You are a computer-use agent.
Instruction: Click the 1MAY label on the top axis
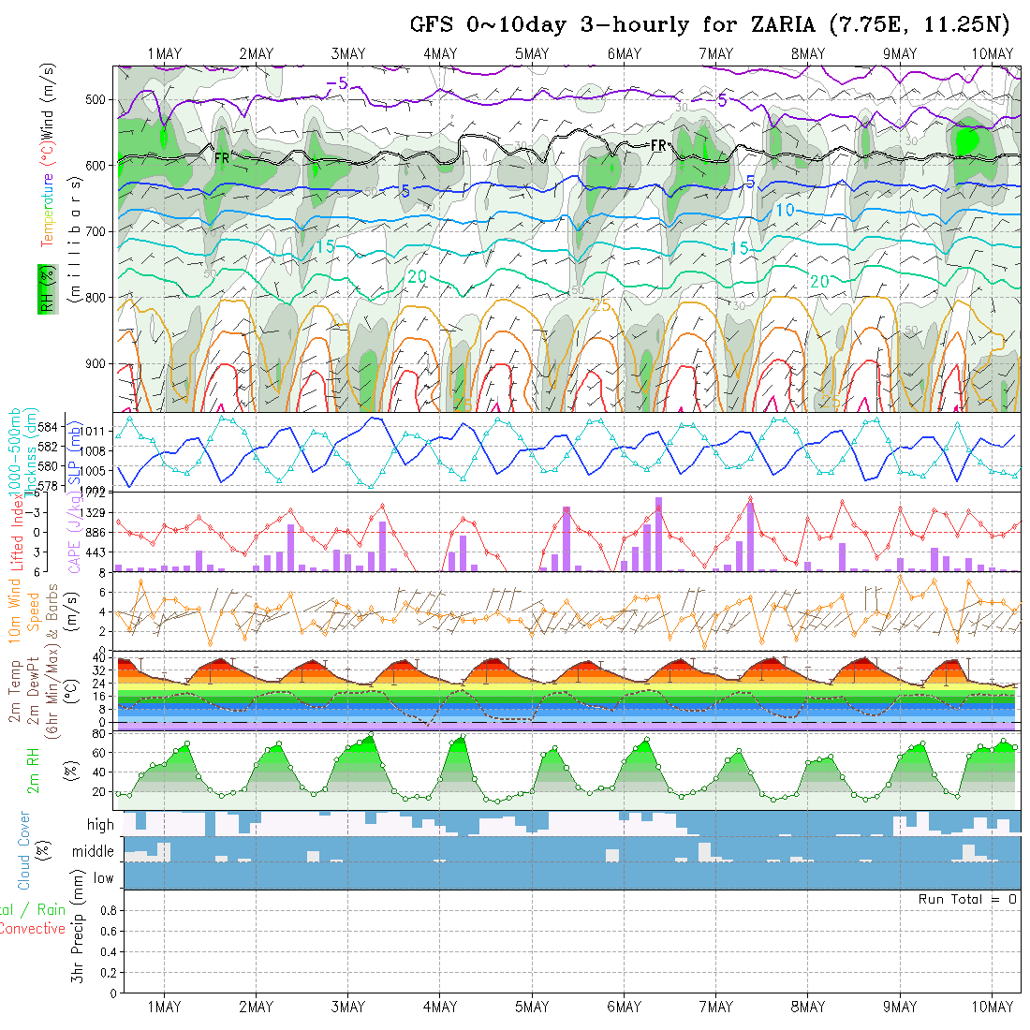coord(165,53)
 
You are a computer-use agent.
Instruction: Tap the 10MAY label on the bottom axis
coord(993,1007)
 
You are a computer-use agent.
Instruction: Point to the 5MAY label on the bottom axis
coord(532,1007)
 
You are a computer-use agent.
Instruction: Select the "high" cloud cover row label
coord(100,825)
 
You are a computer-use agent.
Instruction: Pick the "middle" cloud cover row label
coord(94,852)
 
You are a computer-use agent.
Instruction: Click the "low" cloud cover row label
coord(103,878)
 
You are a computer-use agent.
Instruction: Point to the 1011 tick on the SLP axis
coord(98,432)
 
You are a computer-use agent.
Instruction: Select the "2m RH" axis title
coord(33,771)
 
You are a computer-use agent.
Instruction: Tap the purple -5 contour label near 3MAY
coord(337,84)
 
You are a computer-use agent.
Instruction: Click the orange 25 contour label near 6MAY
coord(601,305)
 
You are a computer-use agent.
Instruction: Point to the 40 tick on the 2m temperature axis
coord(96,658)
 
